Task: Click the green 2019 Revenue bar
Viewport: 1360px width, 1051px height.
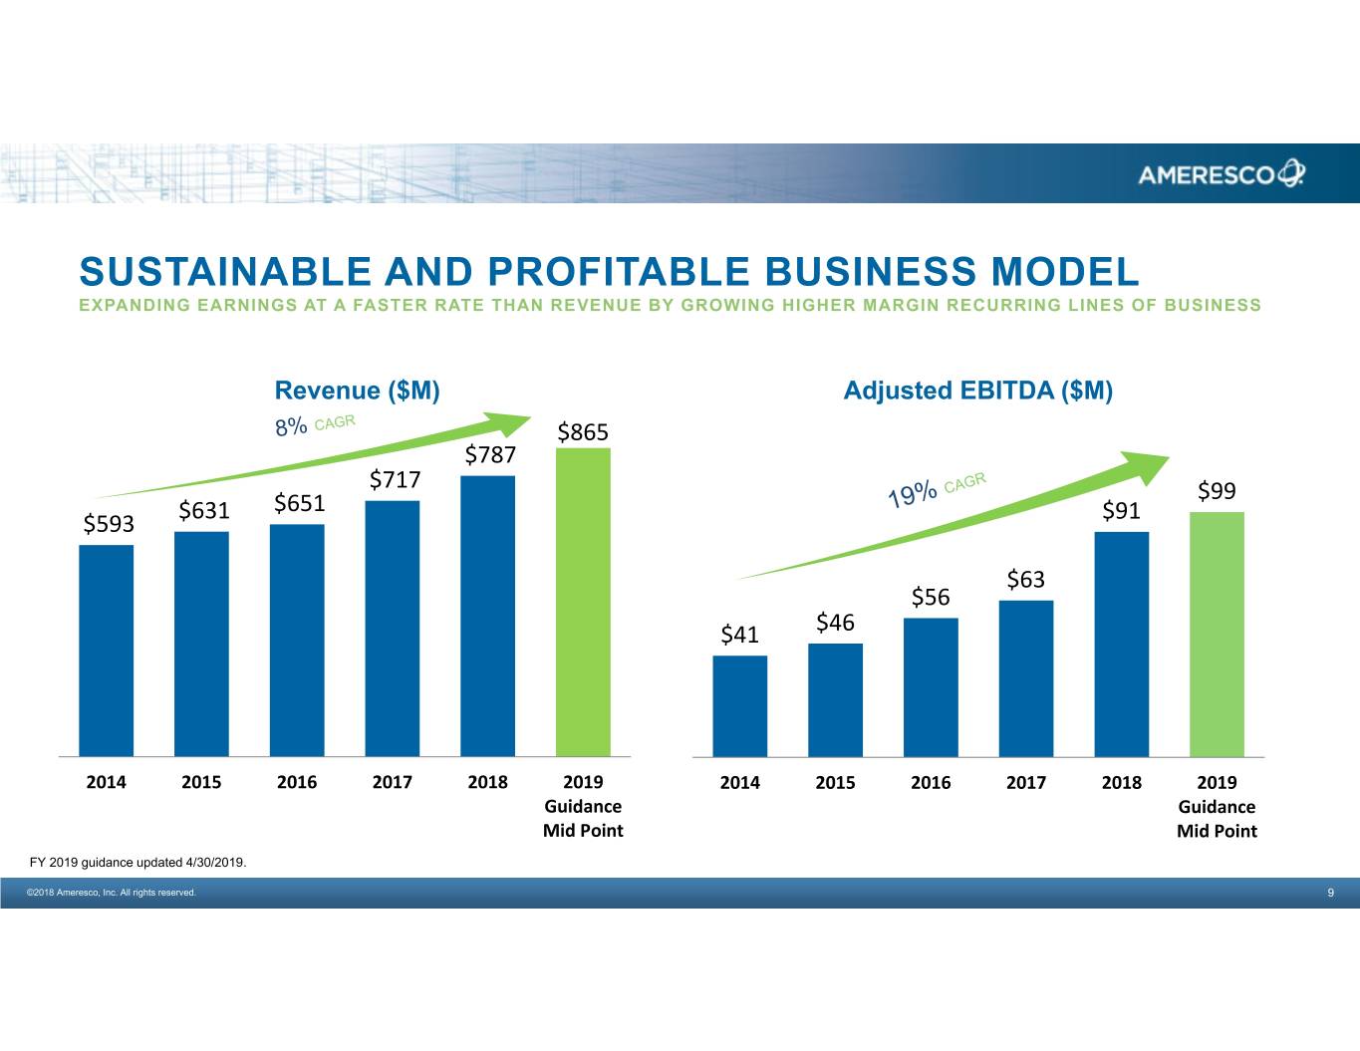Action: click(583, 602)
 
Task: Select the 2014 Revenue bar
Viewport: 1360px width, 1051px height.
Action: click(106, 651)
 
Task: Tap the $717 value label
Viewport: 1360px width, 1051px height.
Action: click(396, 480)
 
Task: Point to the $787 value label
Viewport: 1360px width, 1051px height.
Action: click(490, 455)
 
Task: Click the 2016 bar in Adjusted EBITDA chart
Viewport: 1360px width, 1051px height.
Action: click(931, 687)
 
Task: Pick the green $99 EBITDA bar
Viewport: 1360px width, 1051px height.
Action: click(1217, 634)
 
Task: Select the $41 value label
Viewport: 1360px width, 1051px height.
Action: click(739, 635)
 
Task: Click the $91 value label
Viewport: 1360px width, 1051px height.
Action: click(1121, 511)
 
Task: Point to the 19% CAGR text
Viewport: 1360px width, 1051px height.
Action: click(936, 489)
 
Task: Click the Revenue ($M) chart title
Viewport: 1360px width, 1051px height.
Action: click(357, 391)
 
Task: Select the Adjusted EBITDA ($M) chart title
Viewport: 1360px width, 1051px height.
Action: click(977, 391)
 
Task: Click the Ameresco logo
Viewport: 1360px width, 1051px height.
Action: click(1221, 174)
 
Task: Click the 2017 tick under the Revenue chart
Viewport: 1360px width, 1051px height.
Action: click(392, 782)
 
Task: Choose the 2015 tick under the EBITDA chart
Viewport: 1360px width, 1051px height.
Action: click(835, 783)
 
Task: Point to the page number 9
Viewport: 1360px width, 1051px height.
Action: click(1330, 893)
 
